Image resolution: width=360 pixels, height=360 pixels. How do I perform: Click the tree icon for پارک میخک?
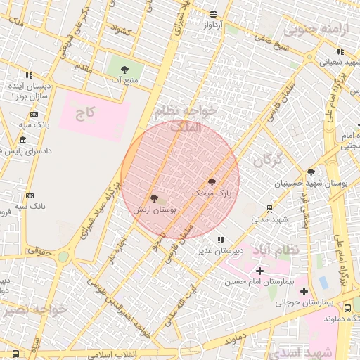pos(212,182)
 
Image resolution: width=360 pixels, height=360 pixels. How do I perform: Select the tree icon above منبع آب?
pos(125,69)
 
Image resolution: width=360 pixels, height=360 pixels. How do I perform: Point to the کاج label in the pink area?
pos(85,112)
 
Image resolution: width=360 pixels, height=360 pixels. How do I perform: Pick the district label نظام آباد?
pos(284,250)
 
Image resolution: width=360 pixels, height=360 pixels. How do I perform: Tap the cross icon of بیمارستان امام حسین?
pos(260,271)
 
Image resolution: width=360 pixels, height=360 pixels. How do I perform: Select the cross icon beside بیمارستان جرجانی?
pos(304,291)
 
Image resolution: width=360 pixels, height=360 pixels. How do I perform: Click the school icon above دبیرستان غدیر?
pos(221,240)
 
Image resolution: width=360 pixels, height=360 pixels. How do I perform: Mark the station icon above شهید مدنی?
pos(269,209)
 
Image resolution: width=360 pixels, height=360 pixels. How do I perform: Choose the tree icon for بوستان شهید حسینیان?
pos(311,172)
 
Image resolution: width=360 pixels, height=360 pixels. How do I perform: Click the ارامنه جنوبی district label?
pos(306,30)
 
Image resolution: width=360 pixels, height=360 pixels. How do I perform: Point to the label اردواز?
pos(212,24)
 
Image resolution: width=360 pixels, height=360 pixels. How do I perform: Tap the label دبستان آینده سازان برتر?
pos(27,89)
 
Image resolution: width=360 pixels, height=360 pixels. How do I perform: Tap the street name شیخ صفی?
pos(271,48)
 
